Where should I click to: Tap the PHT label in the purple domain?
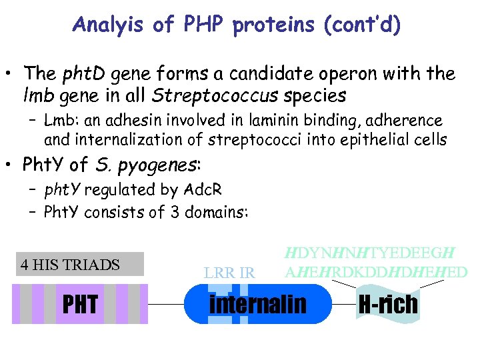click(80, 304)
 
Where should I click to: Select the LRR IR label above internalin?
click(230, 273)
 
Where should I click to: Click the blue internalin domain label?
click(258, 303)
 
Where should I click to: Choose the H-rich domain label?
click(387, 304)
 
